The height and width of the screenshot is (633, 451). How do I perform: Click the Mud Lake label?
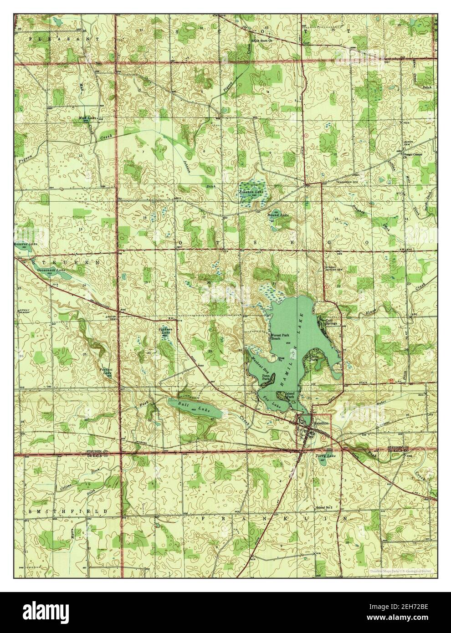click(x=85, y=118)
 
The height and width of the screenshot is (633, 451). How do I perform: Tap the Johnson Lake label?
click(x=251, y=192)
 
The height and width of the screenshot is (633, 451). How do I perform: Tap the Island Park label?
click(x=290, y=394)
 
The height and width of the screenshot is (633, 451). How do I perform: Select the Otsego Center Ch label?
click(x=413, y=155)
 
